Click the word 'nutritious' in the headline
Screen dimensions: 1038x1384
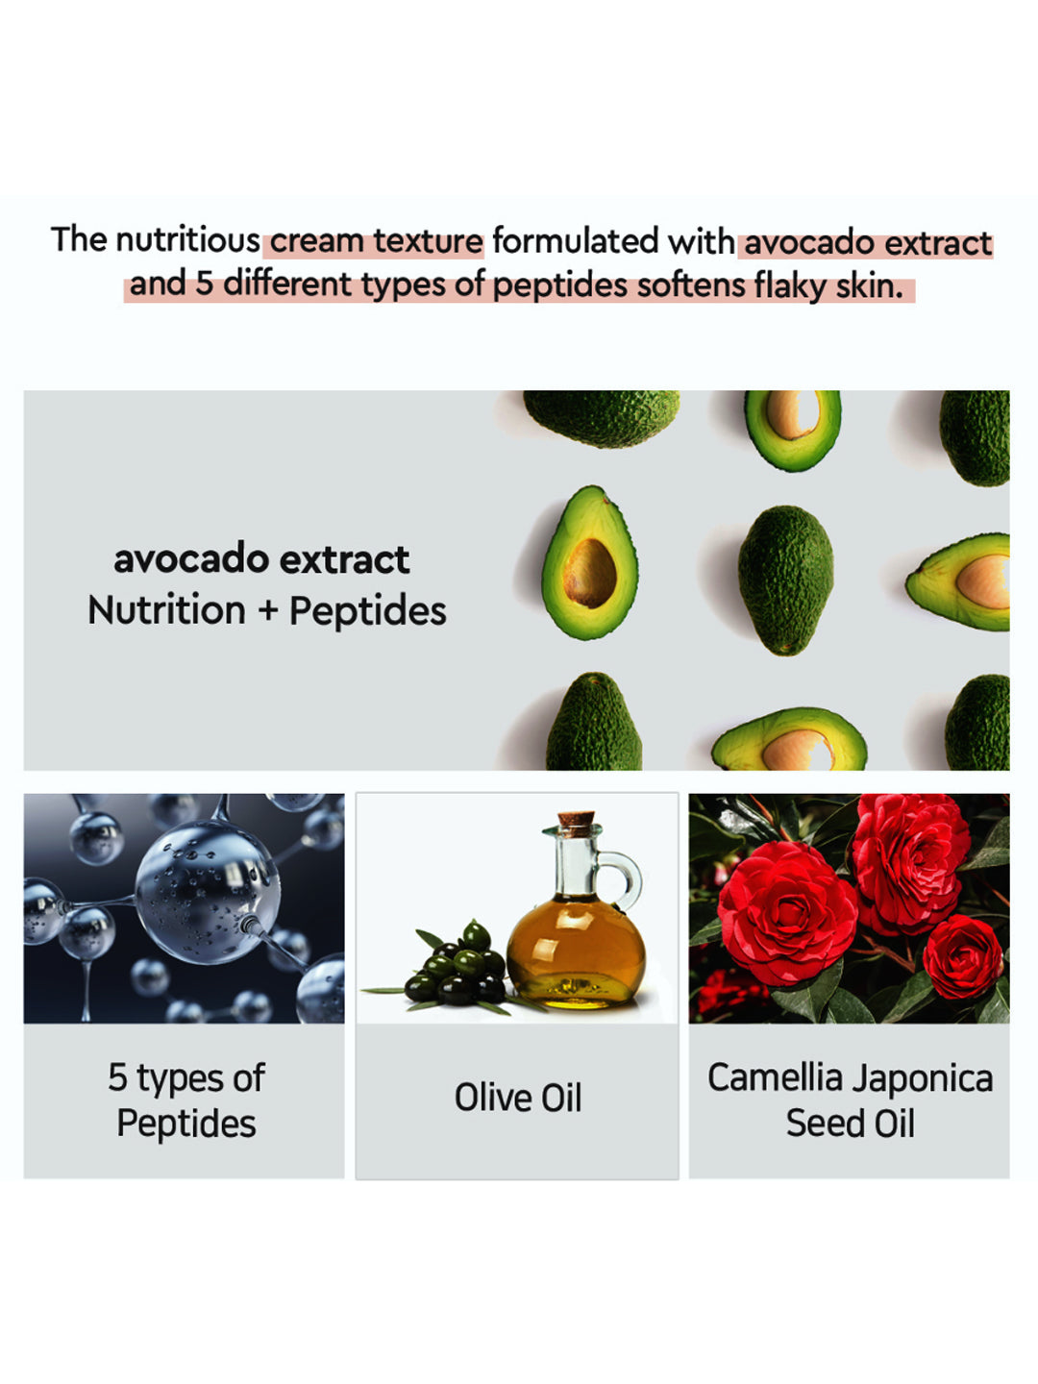pos(187,240)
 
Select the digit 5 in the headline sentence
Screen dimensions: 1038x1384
pos(204,284)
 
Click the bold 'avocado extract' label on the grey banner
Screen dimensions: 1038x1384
pos(261,560)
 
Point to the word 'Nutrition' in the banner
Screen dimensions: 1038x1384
pos(166,610)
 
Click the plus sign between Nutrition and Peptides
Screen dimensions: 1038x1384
pos(268,611)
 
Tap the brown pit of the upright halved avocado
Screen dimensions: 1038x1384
pos(589,574)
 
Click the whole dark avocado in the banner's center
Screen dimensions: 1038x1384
pos(785,580)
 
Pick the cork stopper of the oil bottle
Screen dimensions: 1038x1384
pos(576,823)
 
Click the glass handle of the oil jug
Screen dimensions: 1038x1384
pos(625,878)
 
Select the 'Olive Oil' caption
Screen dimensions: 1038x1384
pos(517,1098)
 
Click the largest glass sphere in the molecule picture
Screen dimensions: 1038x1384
pos(208,892)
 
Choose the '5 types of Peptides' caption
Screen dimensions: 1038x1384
pos(186,1100)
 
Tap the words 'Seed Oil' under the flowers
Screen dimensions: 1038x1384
pos(850,1124)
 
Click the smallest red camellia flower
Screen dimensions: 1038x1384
pos(962,956)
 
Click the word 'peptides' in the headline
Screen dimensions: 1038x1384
pos(560,286)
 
